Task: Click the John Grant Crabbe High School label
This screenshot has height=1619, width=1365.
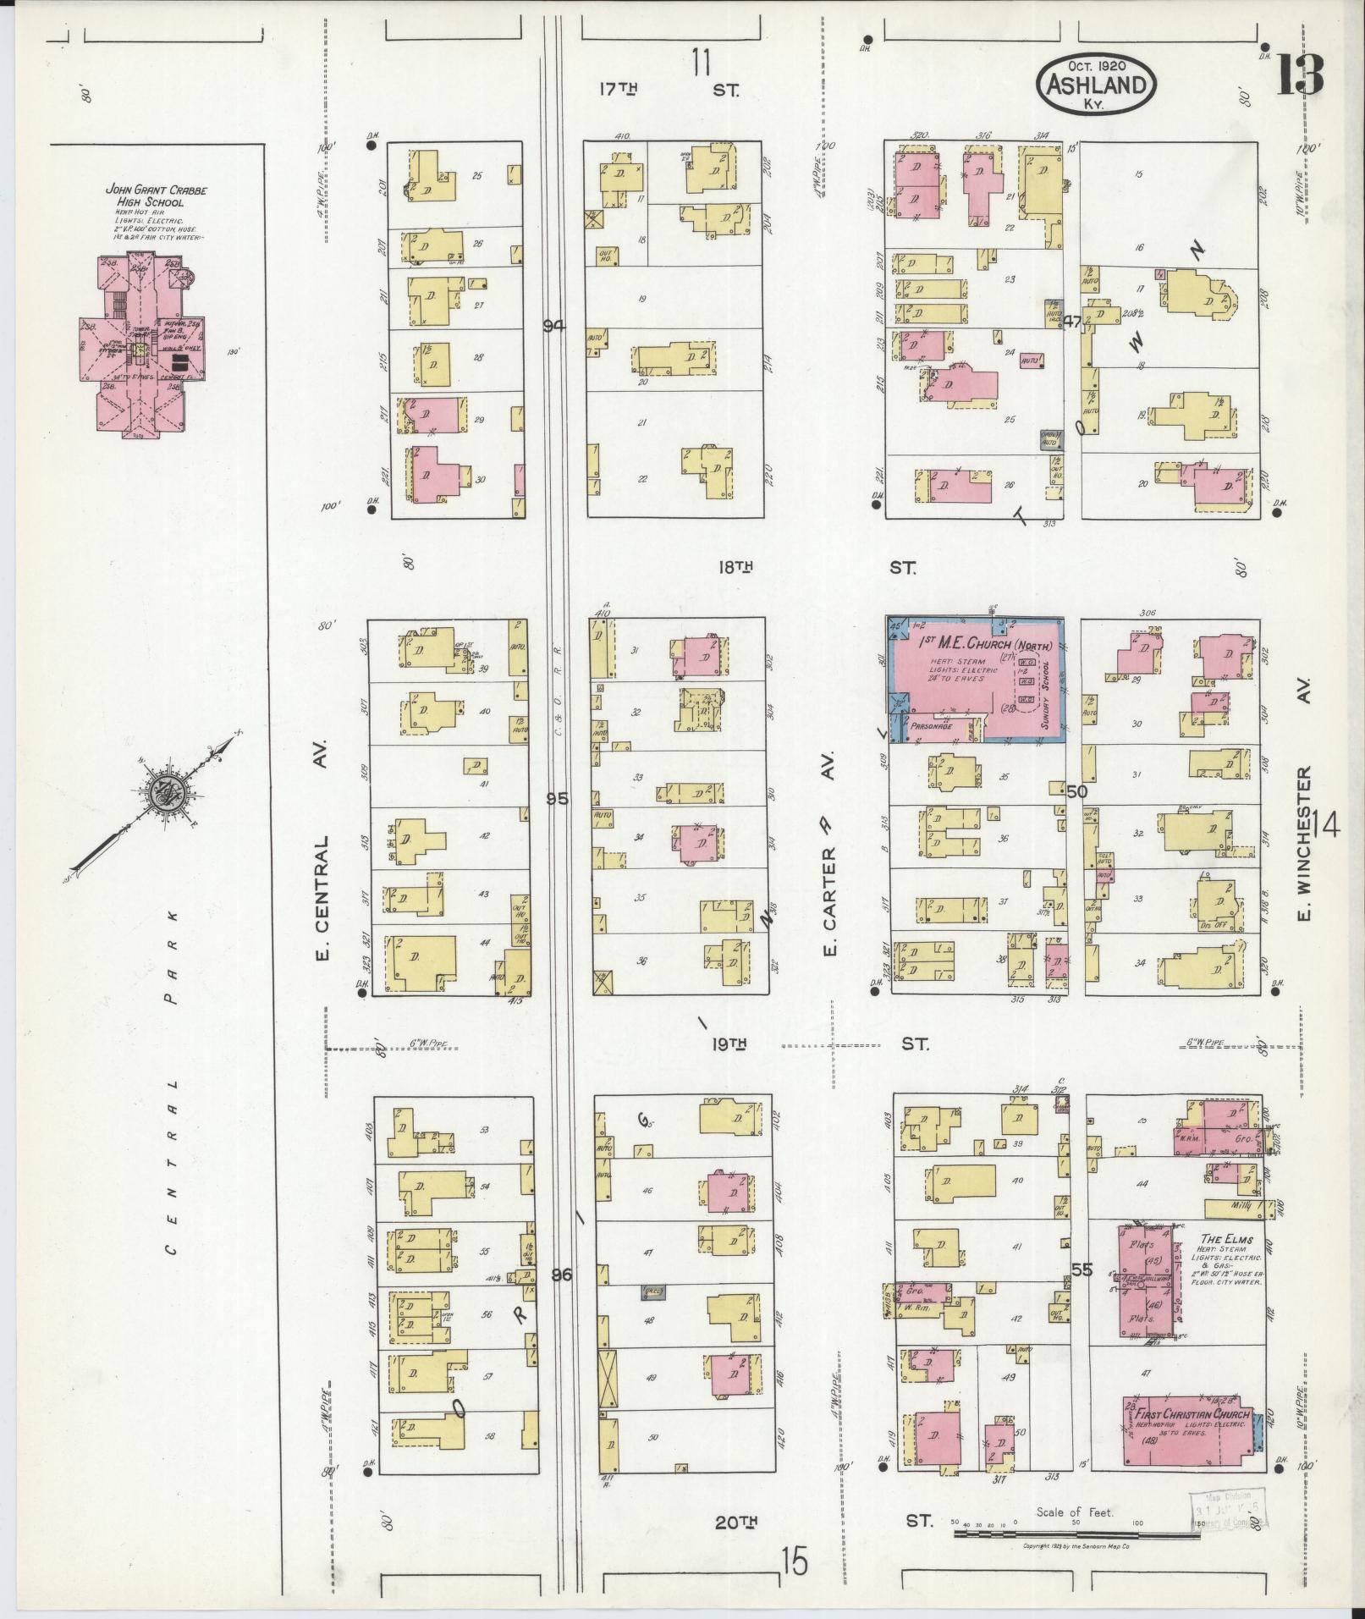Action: click(145, 196)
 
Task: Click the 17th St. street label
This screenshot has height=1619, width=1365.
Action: click(669, 88)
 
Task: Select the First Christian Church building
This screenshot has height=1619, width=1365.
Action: click(1186, 1430)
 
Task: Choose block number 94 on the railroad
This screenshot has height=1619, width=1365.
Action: click(554, 327)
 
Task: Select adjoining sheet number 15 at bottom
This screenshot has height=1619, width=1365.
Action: click(795, 1562)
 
